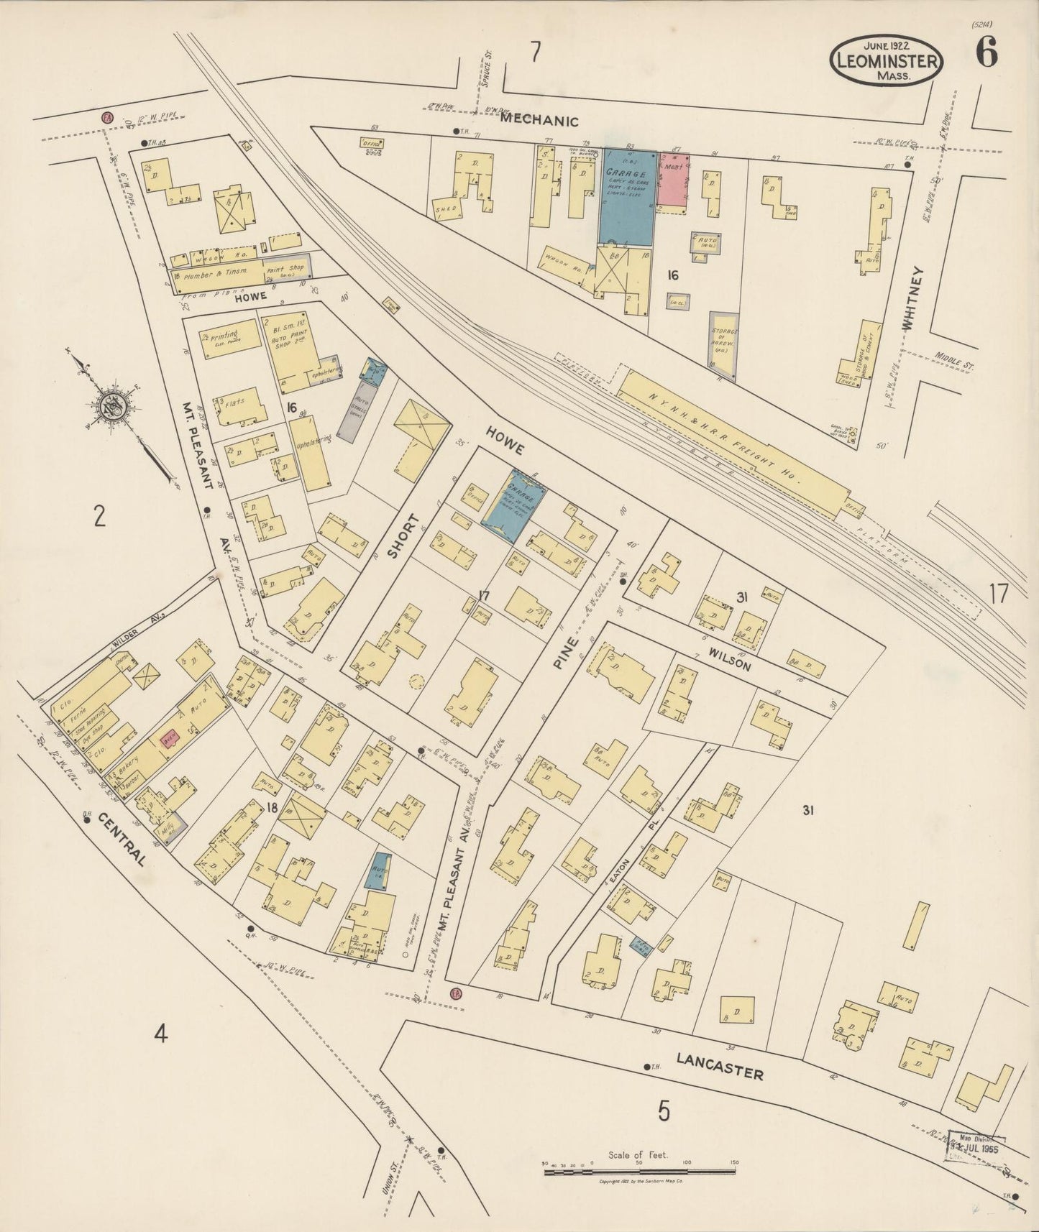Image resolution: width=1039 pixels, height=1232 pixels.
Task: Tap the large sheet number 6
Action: pyautogui.click(x=986, y=52)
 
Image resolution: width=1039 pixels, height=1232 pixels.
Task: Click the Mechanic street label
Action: pyautogui.click(x=539, y=121)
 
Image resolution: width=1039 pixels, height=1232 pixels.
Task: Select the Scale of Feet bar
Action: pyautogui.click(x=640, y=1172)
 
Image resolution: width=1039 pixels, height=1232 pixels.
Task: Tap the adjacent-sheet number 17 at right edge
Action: pyautogui.click(x=998, y=594)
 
